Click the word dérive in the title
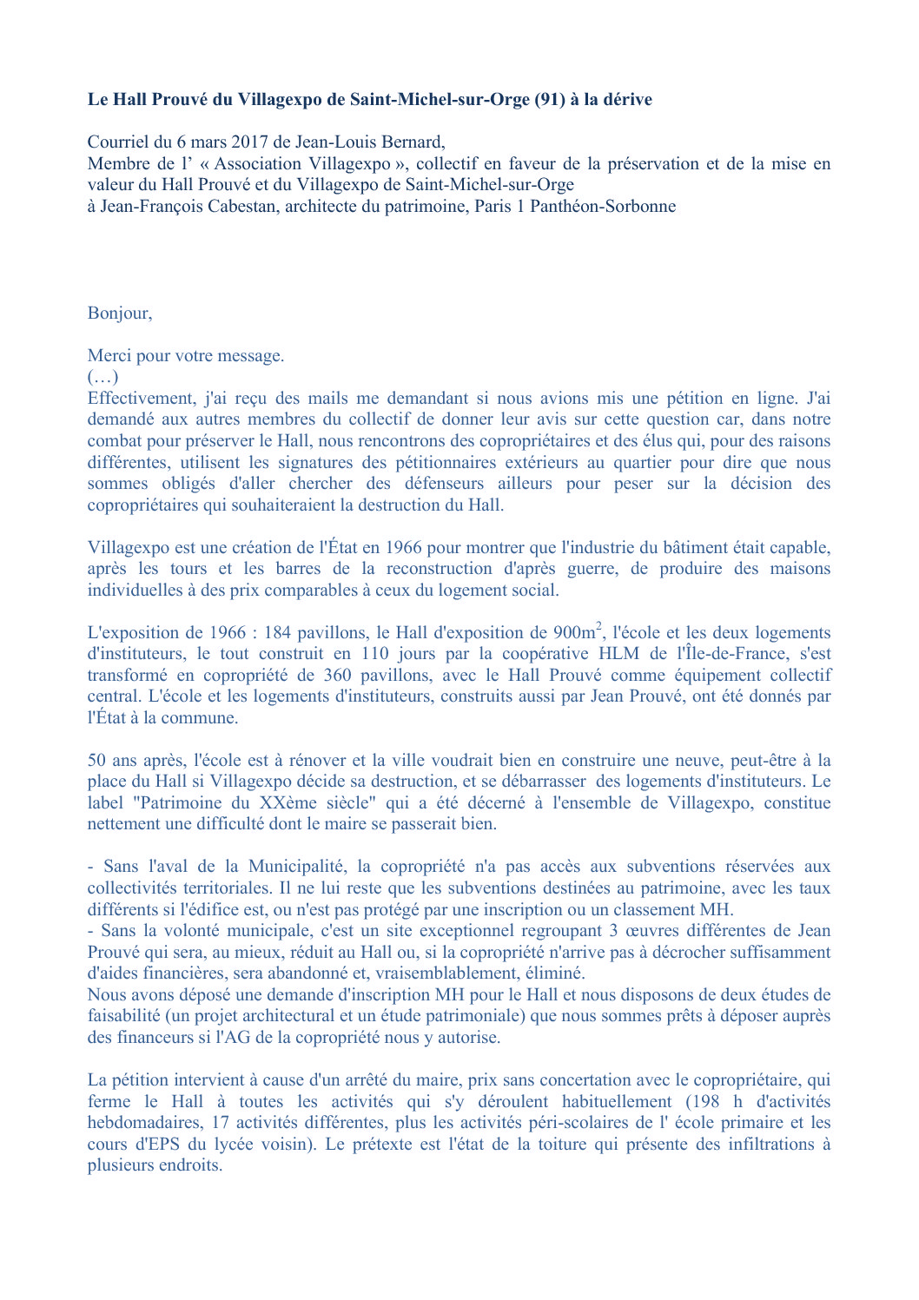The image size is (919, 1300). point(627,100)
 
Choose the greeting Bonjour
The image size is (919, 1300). point(119,313)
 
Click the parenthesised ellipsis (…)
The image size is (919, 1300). point(102,377)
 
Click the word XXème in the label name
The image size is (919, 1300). point(290,803)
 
